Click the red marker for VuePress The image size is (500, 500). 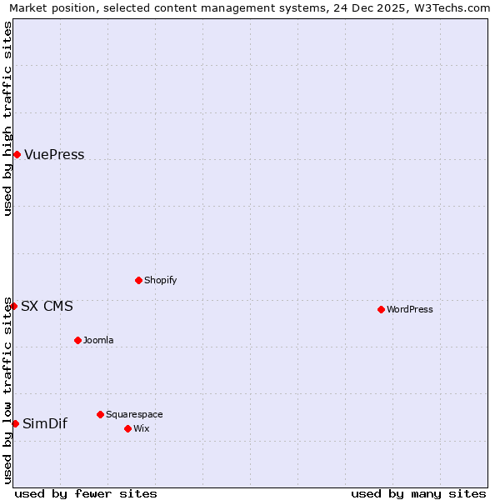coord(17,154)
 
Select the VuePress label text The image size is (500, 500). coord(54,155)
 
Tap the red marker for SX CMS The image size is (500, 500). coord(13,306)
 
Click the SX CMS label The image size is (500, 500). coord(47,307)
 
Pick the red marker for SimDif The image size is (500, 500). coord(15,423)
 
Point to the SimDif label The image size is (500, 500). coord(45,424)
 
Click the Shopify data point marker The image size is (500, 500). coord(138,280)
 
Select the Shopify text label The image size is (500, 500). coord(160,281)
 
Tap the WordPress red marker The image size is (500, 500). coord(381,309)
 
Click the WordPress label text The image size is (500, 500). coord(409,310)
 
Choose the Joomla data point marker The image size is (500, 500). coord(77,340)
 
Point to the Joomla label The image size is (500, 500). coord(98,341)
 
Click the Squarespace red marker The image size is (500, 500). coord(100,414)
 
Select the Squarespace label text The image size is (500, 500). coord(134,415)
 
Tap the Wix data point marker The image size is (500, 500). coord(127,428)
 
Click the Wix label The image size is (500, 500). coord(141,429)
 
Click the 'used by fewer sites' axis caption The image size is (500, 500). coord(86,493)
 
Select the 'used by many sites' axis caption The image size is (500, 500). coord(418,493)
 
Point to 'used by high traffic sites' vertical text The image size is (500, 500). coord(7,118)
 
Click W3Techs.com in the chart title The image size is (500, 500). coord(446,7)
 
